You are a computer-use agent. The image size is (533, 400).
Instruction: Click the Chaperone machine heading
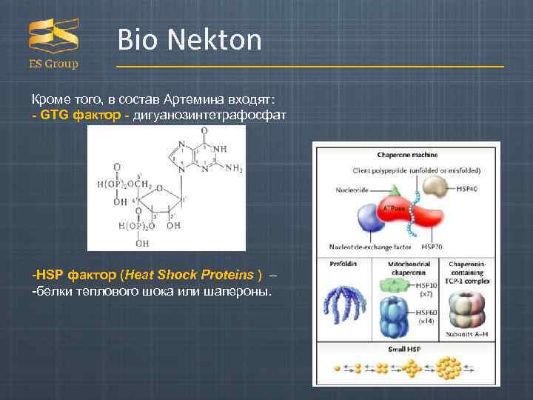[x=407, y=155]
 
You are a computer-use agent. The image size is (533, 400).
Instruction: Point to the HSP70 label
[x=432, y=246]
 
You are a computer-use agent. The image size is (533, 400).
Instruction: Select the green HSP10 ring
[x=392, y=285]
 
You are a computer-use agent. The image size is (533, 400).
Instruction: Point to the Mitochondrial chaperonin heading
[x=406, y=267]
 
